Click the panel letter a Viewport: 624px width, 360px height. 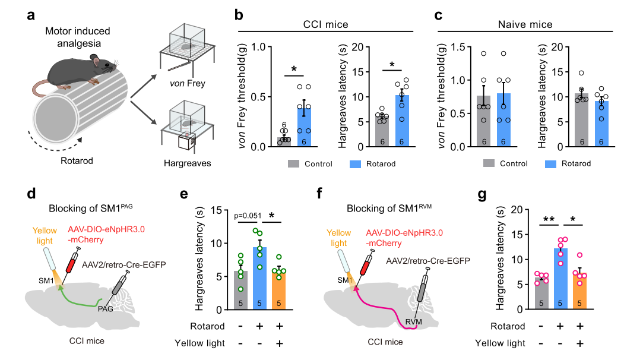click(x=31, y=14)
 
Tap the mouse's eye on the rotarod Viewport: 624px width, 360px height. click(x=94, y=59)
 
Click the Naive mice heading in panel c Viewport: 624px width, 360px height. click(x=524, y=24)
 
